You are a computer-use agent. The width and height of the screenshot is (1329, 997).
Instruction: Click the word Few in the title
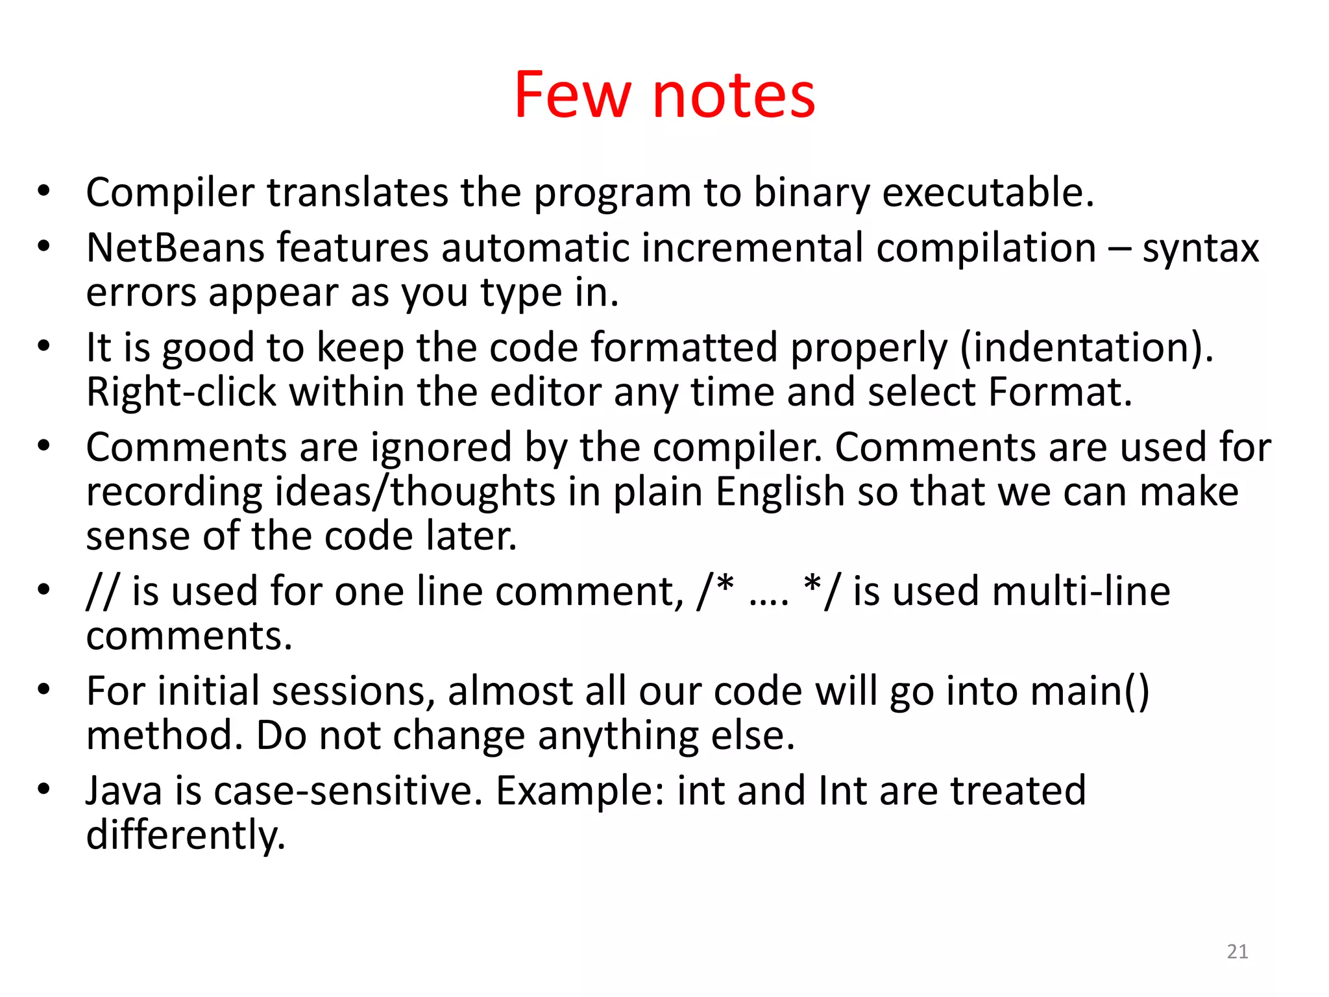point(572,95)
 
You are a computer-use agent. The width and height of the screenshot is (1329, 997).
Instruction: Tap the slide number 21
point(1238,952)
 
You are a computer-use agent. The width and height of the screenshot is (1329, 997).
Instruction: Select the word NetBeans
point(175,248)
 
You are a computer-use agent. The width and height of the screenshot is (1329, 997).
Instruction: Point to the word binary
point(811,193)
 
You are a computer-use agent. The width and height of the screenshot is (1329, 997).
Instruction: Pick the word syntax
point(1200,249)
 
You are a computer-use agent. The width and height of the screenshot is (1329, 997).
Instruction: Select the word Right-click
point(181,392)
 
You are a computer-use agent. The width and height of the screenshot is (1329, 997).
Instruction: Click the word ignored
point(441,448)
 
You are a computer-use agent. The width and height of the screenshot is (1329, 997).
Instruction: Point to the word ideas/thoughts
point(415,492)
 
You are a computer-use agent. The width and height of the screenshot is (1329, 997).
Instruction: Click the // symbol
point(101,591)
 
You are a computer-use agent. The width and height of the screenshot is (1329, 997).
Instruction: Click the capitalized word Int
point(843,791)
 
